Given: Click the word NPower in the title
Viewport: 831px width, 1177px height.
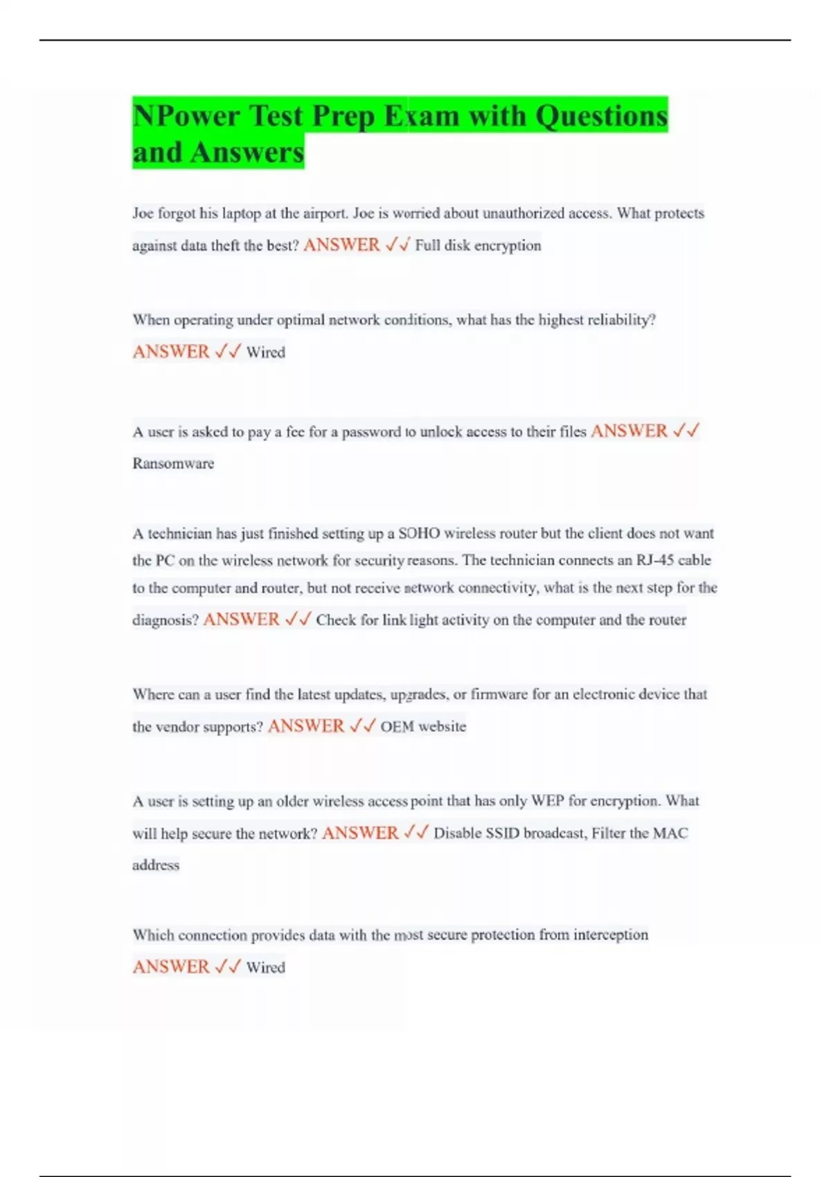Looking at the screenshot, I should click(185, 116).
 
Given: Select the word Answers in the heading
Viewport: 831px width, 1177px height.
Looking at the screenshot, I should click(247, 153).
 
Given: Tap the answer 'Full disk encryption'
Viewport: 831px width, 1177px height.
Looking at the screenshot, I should click(478, 245).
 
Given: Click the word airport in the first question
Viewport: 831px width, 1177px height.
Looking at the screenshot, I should click(325, 213).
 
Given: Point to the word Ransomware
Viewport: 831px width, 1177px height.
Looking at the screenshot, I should click(173, 463).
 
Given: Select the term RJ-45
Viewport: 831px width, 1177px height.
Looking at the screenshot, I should click(655, 560).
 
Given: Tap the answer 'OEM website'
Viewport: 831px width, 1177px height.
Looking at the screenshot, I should click(423, 726).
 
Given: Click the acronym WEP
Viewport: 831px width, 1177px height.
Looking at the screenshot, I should click(547, 801).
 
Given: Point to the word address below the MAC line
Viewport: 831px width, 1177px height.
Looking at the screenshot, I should click(156, 865).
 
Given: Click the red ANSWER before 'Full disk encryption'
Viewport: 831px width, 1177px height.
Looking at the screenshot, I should click(341, 245).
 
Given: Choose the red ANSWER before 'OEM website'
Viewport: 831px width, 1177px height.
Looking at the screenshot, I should click(306, 726).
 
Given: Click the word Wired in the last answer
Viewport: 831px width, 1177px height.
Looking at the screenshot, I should click(266, 967).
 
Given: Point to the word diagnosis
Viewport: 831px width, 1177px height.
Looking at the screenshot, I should click(165, 620).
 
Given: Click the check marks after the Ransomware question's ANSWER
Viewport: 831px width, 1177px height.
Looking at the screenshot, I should click(686, 431).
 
